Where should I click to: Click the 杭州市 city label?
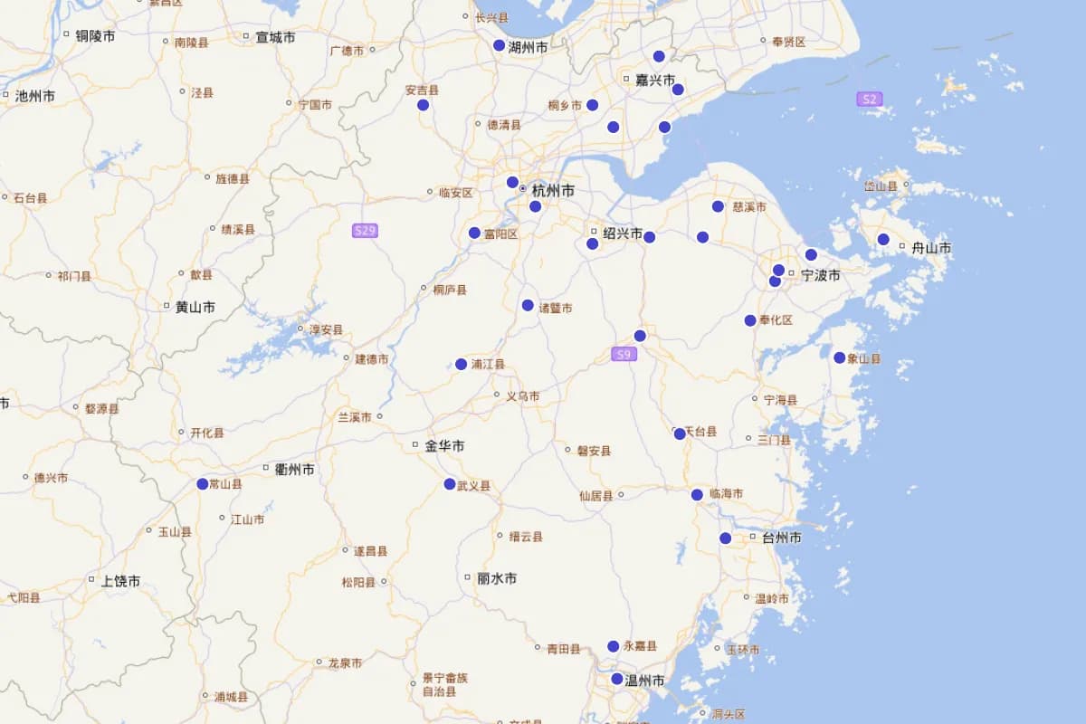click(553, 191)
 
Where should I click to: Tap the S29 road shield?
click(365, 231)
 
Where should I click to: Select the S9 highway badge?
click(624, 354)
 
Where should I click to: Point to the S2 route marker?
click(869, 99)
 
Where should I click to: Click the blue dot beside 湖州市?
click(499, 45)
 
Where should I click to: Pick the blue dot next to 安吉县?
click(423, 105)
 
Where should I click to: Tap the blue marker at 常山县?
click(203, 484)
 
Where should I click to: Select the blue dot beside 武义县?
click(450, 484)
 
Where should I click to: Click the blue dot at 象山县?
click(840, 357)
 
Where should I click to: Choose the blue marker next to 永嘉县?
click(614, 646)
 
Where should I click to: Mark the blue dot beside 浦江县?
click(462, 364)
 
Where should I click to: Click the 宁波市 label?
click(821, 275)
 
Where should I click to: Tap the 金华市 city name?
click(444, 446)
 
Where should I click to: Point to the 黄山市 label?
click(195, 307)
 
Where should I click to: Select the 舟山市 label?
click(930, 248)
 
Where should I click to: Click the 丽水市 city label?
click(497, 578)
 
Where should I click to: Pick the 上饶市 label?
click(120, 581)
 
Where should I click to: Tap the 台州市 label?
click(781, 538)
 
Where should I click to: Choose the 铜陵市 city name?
click(95, 36)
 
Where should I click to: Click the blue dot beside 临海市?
click(697, 495)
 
